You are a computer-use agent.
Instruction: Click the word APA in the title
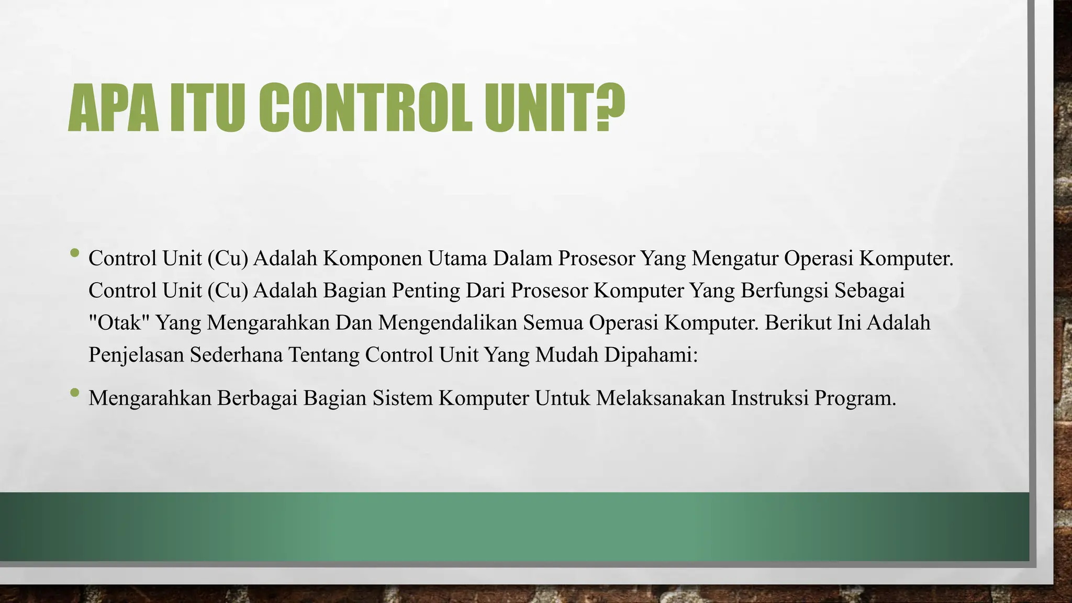click(x=113, y=109)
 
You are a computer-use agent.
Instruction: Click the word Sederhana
click(x=236, y=355)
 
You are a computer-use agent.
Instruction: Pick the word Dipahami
click(x=651, y=355)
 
